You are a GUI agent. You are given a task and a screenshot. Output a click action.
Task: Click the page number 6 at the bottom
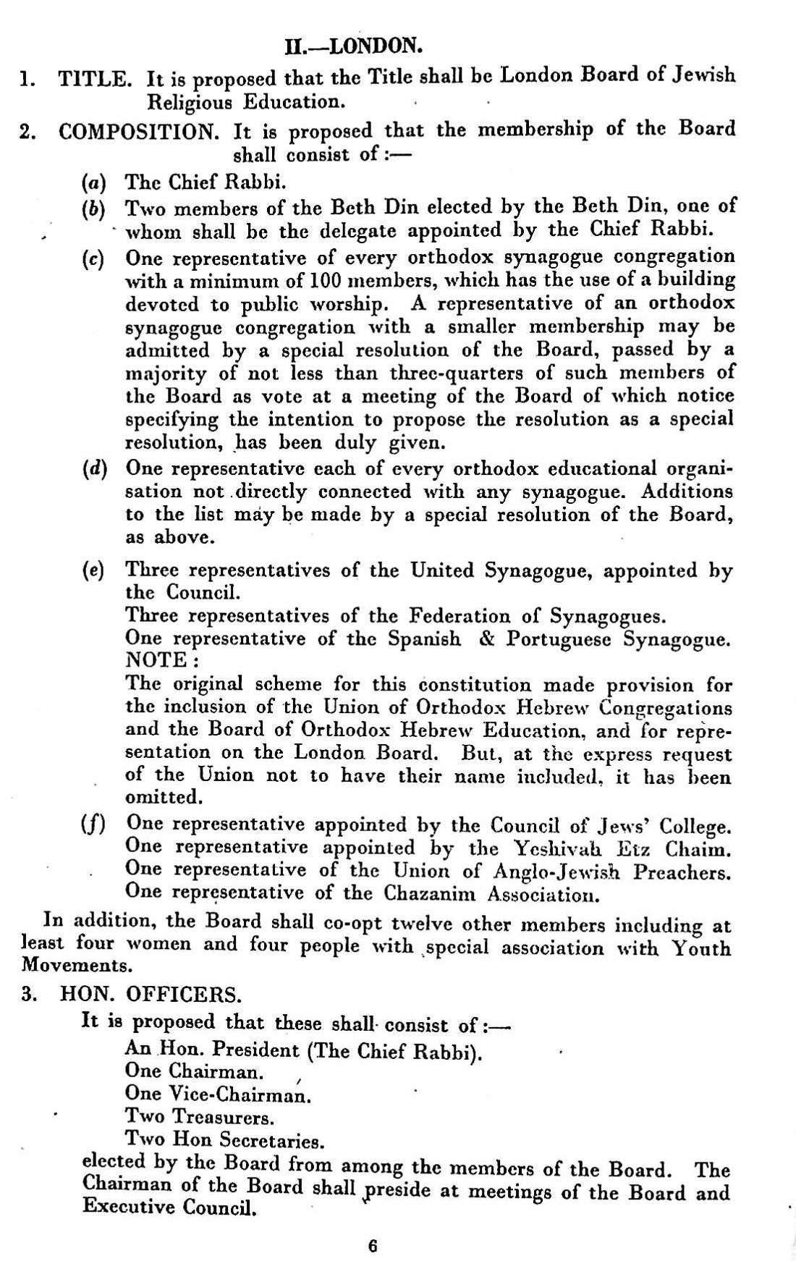pyautogui.click(x=372, y=1246)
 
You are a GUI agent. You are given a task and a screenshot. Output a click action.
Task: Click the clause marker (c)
pyautogui.click(x=93, y=258)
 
